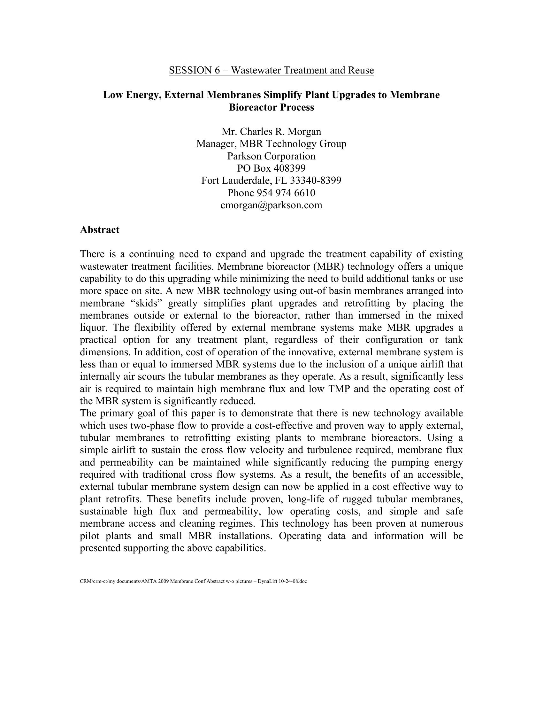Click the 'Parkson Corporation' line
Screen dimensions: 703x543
[271, 156]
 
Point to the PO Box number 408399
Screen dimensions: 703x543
[289, 168]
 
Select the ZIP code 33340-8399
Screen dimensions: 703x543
[316, 181]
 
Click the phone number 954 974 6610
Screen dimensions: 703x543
[286, 193]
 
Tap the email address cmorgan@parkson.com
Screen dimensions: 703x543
[271, 205]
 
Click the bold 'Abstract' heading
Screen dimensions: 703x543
[99, 230]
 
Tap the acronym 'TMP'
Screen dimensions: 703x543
[339, 389]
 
